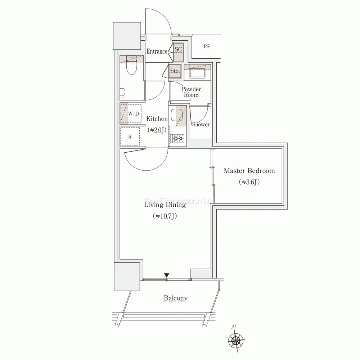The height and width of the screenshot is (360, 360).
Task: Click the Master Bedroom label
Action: point(249,171)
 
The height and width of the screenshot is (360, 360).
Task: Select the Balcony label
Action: point(176,298)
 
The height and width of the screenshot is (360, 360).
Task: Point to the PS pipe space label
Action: point(206,46)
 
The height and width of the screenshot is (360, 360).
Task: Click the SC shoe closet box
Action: point(178,53)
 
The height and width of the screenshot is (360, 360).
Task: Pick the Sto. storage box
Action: point(175,72)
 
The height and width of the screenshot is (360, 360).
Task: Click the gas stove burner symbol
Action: point(178,139)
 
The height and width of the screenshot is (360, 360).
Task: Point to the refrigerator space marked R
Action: point(130,136)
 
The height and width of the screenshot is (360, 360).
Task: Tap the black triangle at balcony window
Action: point(167,275)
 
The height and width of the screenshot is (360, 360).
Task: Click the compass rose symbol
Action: point(236,339)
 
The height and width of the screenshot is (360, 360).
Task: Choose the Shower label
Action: point(201,125)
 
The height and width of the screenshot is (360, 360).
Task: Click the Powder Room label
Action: point(191,92)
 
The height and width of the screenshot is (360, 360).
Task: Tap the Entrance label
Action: point(157,51)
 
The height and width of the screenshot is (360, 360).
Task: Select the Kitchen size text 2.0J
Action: point(157,130)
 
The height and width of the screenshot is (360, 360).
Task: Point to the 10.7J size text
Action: point(165,216)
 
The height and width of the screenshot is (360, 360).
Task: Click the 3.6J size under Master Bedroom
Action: point(249,182)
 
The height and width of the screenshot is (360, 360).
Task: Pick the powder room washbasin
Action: point(197,73)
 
